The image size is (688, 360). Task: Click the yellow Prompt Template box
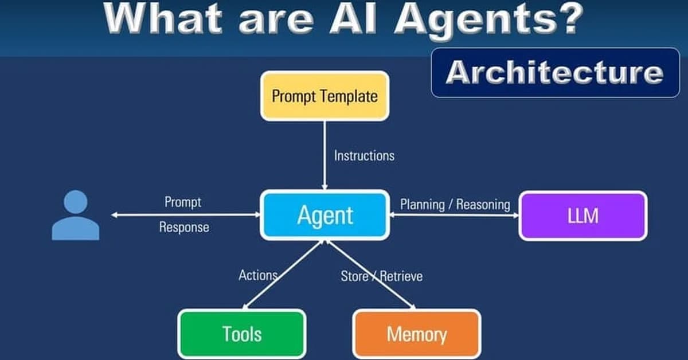pyautogui.click(x=325, y=96)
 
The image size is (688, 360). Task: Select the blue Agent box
pyautogui.click(x=325, y=216)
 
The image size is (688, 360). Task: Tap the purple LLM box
pyautogui.click(x=583, y=216)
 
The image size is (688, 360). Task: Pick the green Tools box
pyautogui.click(x=241, y=334)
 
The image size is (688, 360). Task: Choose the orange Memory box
pyautogui.click(x=416, y=334)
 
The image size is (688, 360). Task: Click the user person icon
pyautogui.click(x=76, y=216)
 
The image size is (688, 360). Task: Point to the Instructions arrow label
pyautogui.click(x=364, y=155)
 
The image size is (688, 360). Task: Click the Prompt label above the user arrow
pyautogui.click(x=183, y=202)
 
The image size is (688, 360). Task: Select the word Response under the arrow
pyautogui.click(x=184, y=228)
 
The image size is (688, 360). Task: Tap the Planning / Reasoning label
pyautogui.click(x=455, y=204)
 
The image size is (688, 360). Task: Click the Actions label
pyautogui.click(x=258, y=275)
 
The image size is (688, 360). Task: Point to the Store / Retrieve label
pyautogui.click(x=381, y=276)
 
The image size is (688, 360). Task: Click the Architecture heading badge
pyautogui.click(x=554, y=73)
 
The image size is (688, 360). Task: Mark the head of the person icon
pyautogui.click(x=76, y=202)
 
